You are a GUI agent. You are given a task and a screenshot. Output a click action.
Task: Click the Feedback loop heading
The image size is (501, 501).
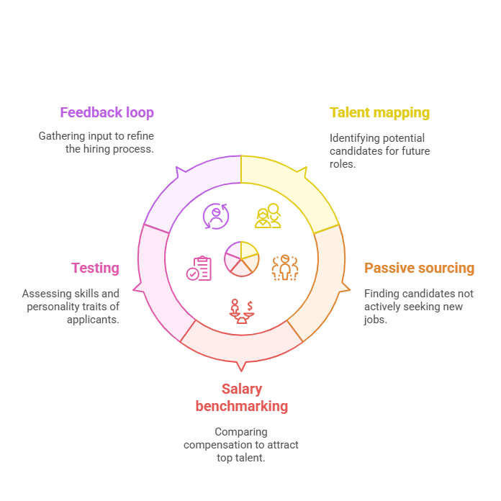[107, 113]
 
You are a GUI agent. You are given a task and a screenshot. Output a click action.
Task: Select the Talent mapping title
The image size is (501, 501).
[379, 113]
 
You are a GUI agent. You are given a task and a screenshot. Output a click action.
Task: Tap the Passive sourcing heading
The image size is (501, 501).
[419, 268]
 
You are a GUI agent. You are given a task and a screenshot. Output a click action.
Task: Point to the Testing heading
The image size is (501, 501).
[95, 268]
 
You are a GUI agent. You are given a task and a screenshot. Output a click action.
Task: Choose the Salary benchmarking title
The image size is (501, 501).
[242, 398]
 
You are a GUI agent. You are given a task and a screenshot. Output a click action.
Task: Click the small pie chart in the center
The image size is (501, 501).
[242, 259]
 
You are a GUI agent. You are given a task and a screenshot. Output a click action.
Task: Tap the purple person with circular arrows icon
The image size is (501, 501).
[216, 217]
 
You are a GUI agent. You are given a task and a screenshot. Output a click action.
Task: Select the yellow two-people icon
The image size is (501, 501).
[268, 216]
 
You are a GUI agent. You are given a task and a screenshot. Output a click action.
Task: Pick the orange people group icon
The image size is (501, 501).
[285, 268]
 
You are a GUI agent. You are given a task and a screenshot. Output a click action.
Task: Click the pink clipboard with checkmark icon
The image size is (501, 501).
[199, 268]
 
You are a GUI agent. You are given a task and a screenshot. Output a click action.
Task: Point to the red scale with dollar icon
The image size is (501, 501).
[242, 312]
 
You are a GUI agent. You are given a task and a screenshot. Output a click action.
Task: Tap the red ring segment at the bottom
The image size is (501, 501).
[242, 349]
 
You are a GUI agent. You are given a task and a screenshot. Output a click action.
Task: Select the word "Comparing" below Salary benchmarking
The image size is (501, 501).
[241, 432]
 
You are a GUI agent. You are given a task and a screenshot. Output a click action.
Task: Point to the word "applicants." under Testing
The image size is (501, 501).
[93, 320]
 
